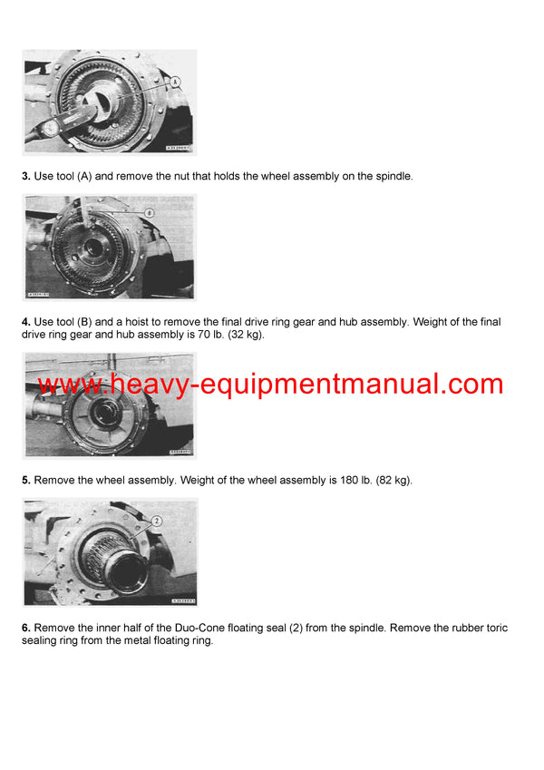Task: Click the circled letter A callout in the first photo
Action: pos(175,82)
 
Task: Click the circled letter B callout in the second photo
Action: pos(150,212)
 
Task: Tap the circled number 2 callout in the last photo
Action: pos(156,521)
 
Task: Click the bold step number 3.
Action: pos(26,176)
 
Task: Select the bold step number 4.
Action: pos(26,322)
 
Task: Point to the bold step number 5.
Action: pos(26,480)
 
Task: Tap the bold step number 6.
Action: pos(26,628)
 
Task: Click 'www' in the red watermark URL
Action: pos(69,385)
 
